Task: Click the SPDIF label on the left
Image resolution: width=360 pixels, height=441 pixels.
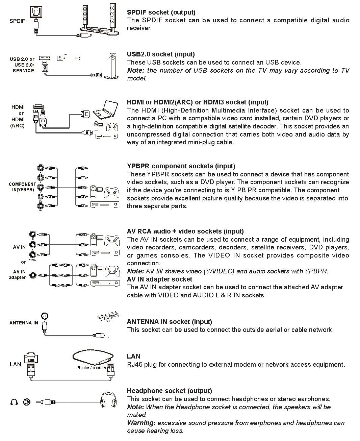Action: coord(17,21)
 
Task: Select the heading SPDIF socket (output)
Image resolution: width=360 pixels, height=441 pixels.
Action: coord(161,12)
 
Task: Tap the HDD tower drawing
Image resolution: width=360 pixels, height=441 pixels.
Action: coord(111,68)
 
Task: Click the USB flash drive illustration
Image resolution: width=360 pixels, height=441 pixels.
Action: coord(68,58)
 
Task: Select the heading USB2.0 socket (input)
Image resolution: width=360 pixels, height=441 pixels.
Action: coord(161,54)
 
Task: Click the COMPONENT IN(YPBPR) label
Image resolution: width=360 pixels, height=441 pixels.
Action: coord(22,187)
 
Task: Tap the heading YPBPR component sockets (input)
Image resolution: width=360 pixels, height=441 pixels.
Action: coord(181,166)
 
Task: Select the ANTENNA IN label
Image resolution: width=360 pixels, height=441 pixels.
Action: coord(24,323)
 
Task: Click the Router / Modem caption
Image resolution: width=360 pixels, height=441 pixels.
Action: coord(92,368)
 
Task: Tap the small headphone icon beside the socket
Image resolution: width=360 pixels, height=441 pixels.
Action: coord(14,402)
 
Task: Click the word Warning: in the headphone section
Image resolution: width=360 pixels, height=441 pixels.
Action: coord(141,423)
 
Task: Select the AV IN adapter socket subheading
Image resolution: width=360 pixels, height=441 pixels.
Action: coord(159,279)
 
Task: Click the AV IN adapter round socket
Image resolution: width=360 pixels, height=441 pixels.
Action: coord(33,275)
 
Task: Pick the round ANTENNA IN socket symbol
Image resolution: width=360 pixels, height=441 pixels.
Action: coord(45,316)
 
